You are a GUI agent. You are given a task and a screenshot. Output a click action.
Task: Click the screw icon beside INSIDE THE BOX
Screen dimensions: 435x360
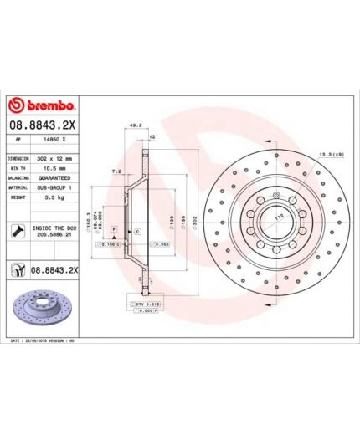(18, 230)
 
